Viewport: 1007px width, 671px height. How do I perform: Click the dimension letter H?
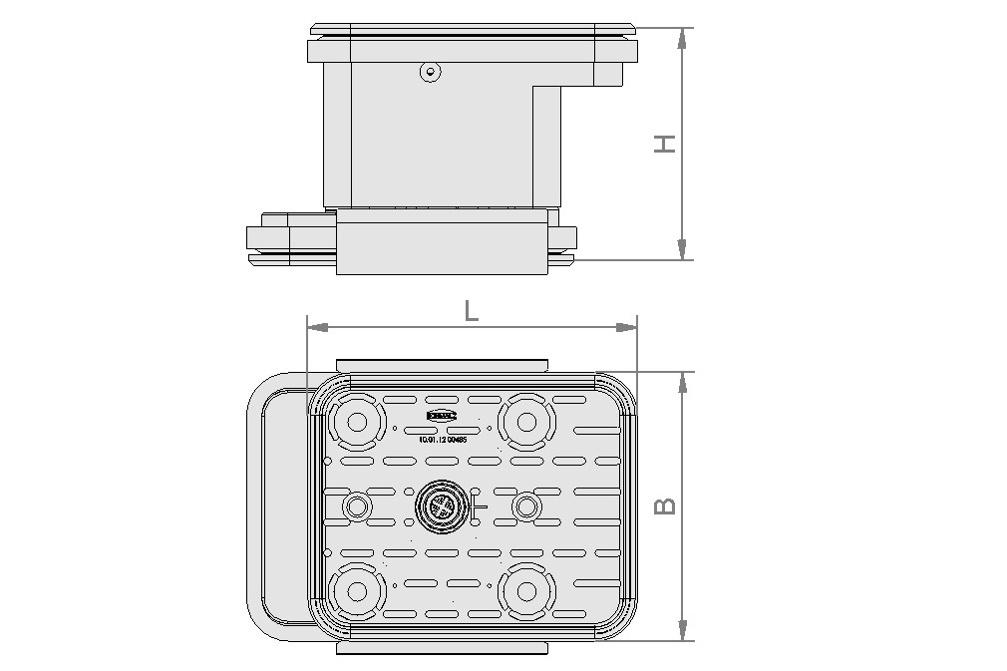[x=665, y=143]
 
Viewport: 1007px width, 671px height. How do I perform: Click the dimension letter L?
[x=472, y=310]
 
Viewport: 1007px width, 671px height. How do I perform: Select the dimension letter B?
[x=665, y=505]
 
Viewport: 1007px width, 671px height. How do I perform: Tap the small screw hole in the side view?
[x=429, y=72]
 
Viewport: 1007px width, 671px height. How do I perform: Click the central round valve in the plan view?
[x=440, y=507]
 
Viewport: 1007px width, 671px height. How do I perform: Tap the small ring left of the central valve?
[x=356, y=507]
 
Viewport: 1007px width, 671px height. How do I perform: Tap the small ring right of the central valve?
[x=525, y=507]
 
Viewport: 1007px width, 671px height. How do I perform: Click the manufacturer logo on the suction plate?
[x=441, y=414]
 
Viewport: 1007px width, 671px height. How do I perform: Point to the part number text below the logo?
[x=445, y=438]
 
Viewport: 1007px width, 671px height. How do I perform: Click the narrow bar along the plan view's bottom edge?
[x=442, y=648]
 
